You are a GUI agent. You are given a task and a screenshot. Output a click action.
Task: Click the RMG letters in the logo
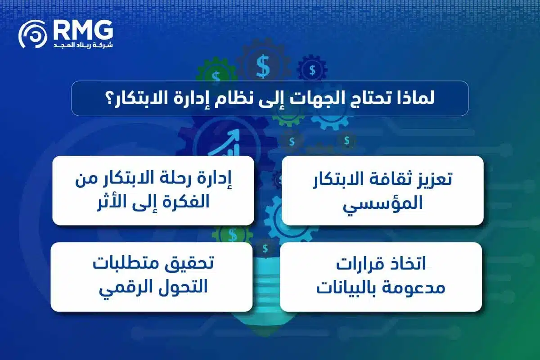(x=83, y=30)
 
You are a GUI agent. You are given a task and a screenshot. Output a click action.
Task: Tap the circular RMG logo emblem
(x=33, y=34)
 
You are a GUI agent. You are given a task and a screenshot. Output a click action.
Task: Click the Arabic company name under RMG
(x=83, y=45)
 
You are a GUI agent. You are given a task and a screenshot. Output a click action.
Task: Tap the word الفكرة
(x=185, y=202)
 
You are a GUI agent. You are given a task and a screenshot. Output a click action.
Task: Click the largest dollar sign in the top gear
(x=263, y=66)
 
